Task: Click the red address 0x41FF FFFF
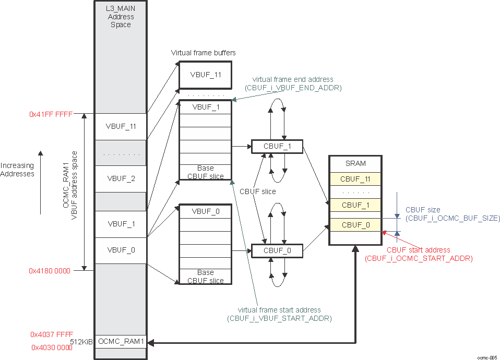[51, 114]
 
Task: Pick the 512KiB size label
[81, 342]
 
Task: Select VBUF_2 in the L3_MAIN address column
[121, 178]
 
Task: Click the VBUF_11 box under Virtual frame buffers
[206, 75]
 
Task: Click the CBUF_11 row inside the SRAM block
[355, 179]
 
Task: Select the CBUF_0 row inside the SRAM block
[355, 225]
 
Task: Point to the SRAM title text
[355, 163]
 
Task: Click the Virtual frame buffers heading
[203, 53]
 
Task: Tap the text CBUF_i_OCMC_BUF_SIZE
[453, 218]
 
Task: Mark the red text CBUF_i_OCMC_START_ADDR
[419, 258]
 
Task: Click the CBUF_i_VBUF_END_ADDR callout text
[293, 88]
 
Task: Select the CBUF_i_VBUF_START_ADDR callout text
[279, 318]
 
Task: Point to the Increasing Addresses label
[17, 170]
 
